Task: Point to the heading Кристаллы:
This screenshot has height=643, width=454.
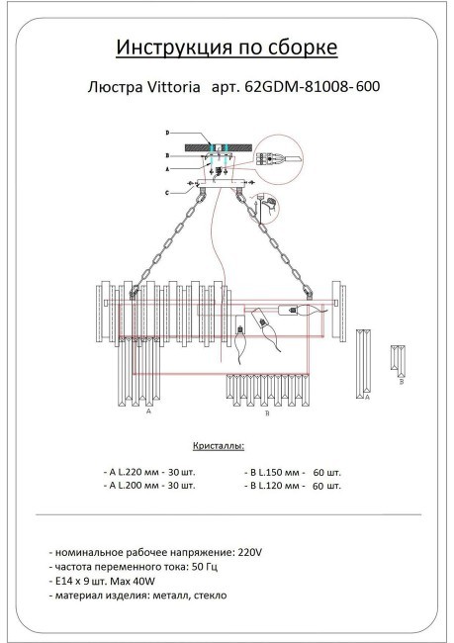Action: (x=215, y=446)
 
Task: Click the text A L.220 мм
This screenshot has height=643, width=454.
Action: (x=133, y=472)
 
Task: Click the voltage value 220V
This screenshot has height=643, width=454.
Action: (x=252, y=550)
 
